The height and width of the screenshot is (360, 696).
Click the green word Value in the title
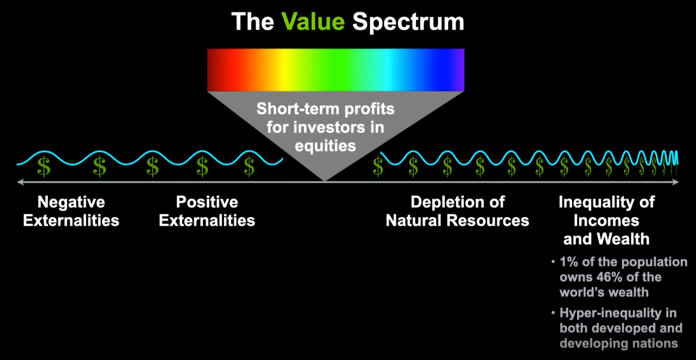coord(313,21)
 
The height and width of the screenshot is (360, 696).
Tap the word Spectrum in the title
coord(408,22)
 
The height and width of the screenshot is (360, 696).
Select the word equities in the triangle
coord(325,146)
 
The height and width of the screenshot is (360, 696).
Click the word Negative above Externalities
coord(71,202)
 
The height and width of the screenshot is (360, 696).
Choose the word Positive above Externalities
coord(207,202)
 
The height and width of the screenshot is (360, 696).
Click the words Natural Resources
coord(457,220)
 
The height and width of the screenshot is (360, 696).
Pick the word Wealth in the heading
coord(623,239)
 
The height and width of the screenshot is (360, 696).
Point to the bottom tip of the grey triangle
coord(325,181)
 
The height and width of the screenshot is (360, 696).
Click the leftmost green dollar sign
coord(44,167)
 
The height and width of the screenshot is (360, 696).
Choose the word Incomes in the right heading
coord(606,220)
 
